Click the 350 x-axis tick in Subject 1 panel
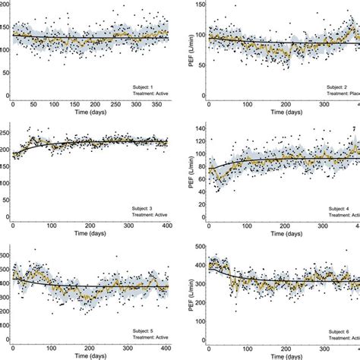point(152,105)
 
